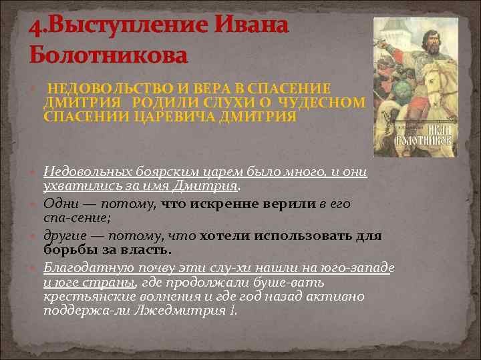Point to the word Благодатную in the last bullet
[x=82, y=267]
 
